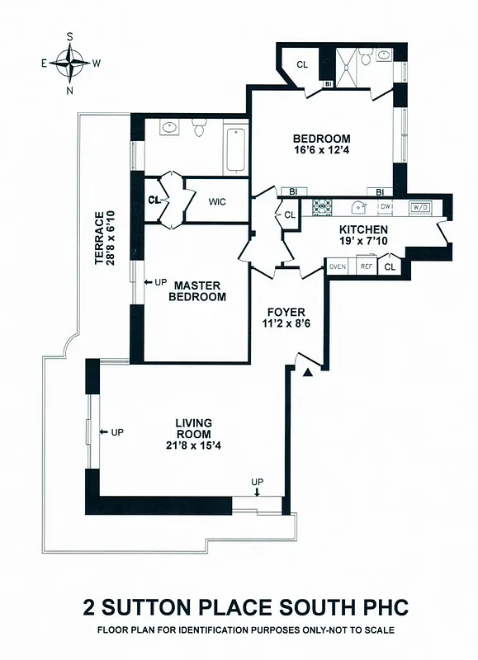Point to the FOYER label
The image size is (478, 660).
tap(286, 312)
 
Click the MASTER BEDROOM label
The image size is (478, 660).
tap(197, 290)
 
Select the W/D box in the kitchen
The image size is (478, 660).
tap(420, 206)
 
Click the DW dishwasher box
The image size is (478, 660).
tap(386, 206)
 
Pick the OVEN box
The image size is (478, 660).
tap(338, 266)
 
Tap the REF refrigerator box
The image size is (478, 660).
tap(364, 266)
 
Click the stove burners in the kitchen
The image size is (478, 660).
tap(320, 206)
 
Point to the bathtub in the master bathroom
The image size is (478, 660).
tap(235, 148)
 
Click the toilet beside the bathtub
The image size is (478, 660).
tap(198, 130)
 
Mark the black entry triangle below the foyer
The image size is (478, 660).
tap(308, 373)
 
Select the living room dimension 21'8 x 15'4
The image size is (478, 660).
tap(193, 445)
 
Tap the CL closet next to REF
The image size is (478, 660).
tap(390, 266)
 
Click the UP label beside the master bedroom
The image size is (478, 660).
tap(161, 282)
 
